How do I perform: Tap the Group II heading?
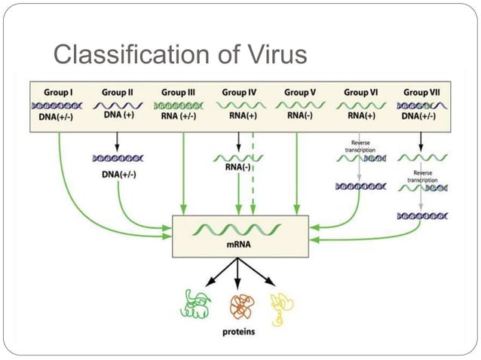tap(118, 92)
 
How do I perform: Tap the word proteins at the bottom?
tap(238, 330)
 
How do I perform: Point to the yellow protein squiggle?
tap(282, 304)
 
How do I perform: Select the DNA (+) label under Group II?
tap(118, 117)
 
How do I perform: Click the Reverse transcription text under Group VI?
tap(360, 145)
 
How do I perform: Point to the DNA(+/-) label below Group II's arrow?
tap(118, 174)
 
